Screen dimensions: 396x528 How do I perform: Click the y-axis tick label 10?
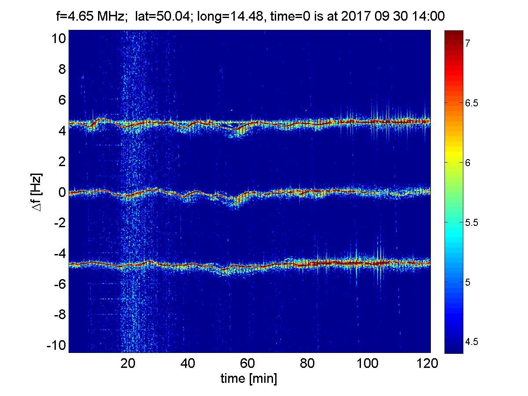click(x=58, y=39)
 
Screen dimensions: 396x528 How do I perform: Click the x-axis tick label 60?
click(x=248, y=363)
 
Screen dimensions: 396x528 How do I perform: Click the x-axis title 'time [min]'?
click(x=248, y=378)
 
